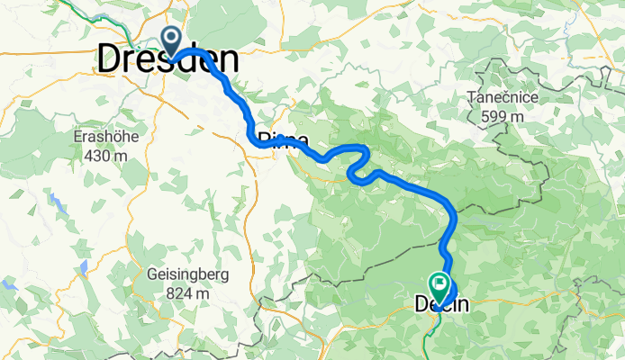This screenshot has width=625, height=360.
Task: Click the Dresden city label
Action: pos(168,60)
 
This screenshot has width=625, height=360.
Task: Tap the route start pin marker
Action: pos(170,40)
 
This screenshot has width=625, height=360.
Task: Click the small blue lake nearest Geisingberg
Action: pos(83,267)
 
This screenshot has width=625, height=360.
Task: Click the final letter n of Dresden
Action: pos(230,60)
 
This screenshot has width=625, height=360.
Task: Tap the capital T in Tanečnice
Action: pos(471,98)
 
